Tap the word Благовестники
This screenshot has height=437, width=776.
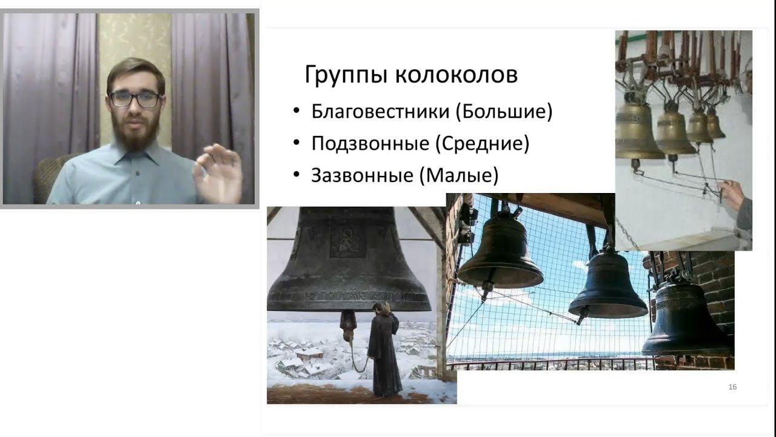point(380,112)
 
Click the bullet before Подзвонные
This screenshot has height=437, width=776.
point(296,143)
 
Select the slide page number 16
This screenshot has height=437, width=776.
point(732,387)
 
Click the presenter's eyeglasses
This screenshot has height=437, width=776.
point(135,99)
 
